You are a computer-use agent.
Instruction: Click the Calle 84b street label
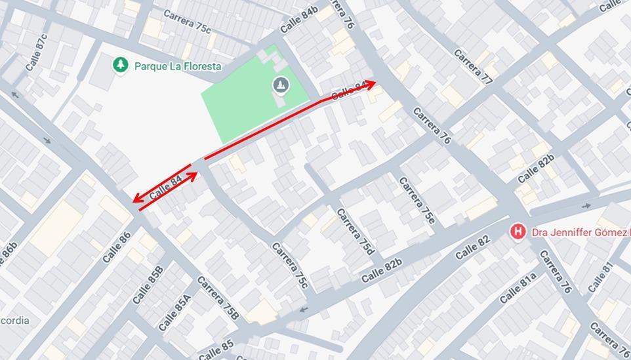click(298, 19)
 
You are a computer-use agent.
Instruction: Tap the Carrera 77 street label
click(474, 66)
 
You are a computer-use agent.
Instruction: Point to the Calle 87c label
click(37, 52)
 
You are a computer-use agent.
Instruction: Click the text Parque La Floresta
click(178, 66)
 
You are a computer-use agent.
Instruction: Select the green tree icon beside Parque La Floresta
click(120, 65)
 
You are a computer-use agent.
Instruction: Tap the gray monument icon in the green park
click(280, 85)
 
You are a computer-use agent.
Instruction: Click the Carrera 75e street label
click(417, 200)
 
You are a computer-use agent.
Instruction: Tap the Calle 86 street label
click(117, 247)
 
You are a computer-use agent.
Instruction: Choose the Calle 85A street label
click(174, 310)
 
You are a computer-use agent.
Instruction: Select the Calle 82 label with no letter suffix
click(472, 247)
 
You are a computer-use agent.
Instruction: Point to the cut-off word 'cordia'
click(14, 321)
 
